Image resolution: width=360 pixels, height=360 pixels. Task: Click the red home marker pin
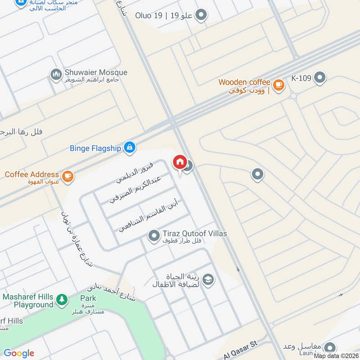(x=180, y=162)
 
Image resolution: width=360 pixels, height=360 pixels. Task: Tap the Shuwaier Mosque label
(x=96, y=72)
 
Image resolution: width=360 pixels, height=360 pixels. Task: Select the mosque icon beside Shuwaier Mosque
(x=56, y=75)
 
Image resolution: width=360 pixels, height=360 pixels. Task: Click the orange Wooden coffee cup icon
(x=279, y=84)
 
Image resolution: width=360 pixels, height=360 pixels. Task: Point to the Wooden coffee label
(x=244, y=82)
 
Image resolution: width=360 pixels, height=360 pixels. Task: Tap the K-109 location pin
(x=319, y=78)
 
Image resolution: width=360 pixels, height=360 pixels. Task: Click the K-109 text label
(x=301, y=78)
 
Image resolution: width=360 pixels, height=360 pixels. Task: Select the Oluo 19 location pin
(x=202, y=16)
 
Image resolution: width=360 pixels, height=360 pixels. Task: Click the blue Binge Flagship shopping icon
(x=130, y=147)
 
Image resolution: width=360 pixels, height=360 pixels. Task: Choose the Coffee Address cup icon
(x=67, y=175)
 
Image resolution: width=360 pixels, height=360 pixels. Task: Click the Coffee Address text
(x=32, y=174)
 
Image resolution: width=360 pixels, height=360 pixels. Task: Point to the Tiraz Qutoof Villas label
(x=195, y=234)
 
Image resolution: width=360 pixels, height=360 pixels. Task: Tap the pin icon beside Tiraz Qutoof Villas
(x=154, y=235)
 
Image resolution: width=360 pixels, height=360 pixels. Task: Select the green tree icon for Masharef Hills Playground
(x=62, y=299)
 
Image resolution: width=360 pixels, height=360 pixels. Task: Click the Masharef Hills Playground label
(x=28, y=301)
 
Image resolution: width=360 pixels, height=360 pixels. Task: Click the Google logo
(x=18, y=353)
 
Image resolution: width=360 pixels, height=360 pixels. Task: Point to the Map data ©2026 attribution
(x=336, y=356)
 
